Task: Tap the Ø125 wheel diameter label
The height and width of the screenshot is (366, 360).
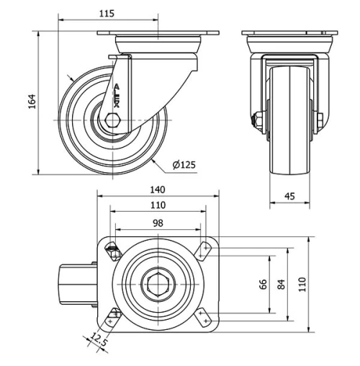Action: (x=184, y=165)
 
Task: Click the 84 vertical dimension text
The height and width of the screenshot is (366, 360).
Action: (x=282, y=284)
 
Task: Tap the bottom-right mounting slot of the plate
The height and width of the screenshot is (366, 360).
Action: (x=205, y=315)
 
